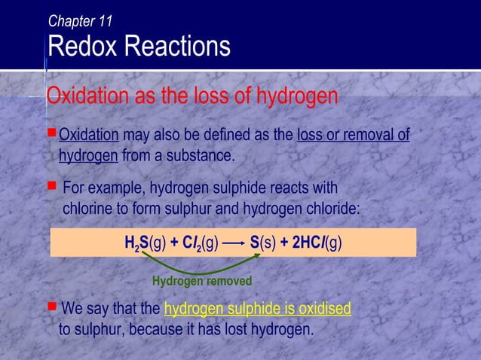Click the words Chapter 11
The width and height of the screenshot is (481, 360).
coord(80,21)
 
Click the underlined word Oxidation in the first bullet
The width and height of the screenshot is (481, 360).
coord(89,136)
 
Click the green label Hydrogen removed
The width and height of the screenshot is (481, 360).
coord(201,282)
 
